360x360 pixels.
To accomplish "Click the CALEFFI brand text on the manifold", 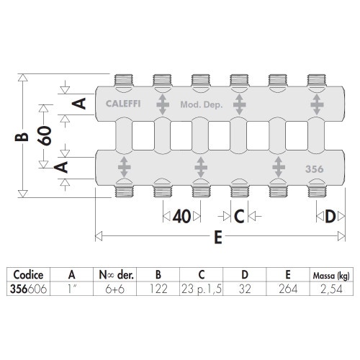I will click(x=120, y=103).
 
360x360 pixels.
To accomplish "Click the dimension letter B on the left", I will click(x=26, y=135).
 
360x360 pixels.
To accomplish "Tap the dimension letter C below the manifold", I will click(x=238, y=215).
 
